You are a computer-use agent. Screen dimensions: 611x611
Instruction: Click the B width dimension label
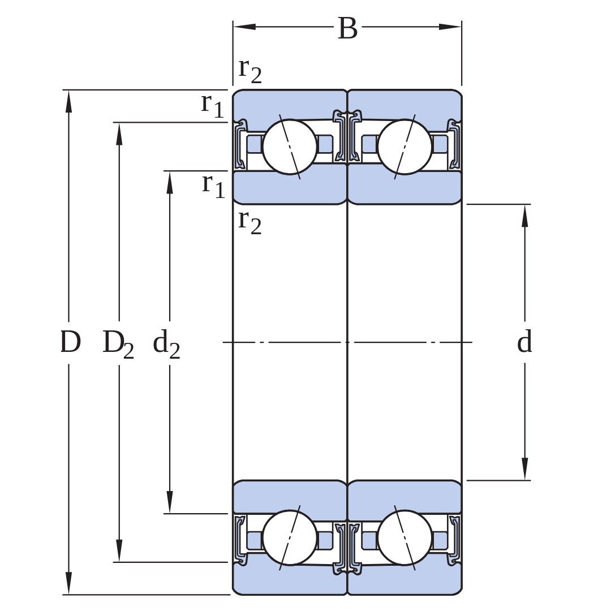click(347, 28)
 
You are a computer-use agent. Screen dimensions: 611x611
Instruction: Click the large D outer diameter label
click(70, 342)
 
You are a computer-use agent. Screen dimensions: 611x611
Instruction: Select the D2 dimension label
click(118, 344)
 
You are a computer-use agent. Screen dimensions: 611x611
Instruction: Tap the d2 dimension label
click(166, 344)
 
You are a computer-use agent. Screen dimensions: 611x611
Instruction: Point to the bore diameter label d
click(524, 341)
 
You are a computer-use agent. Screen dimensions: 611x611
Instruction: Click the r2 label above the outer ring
click(250, 71)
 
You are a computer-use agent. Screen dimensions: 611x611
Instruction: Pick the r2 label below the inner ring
click(250, 222)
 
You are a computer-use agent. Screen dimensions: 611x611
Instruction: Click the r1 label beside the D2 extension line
click(212, 106)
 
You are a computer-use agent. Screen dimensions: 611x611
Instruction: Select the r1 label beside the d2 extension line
click(213, 186)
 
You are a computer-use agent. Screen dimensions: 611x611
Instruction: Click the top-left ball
click(290, 147)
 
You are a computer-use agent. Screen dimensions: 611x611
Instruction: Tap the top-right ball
click(405, 147)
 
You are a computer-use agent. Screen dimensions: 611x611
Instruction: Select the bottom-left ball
click(290, 538)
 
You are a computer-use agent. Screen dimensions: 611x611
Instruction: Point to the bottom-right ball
click(405, 538)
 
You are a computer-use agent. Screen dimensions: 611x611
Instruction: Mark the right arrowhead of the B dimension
click(450, 27)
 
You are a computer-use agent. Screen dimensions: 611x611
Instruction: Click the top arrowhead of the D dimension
click(69, 102)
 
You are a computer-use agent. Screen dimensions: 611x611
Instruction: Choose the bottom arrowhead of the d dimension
click(525, 468)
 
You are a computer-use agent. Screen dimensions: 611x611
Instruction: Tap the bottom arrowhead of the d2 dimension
click(170, 502)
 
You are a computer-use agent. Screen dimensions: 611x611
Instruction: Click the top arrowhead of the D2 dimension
click(119, 135)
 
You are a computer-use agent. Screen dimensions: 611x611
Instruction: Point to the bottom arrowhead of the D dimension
click(69, 583)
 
